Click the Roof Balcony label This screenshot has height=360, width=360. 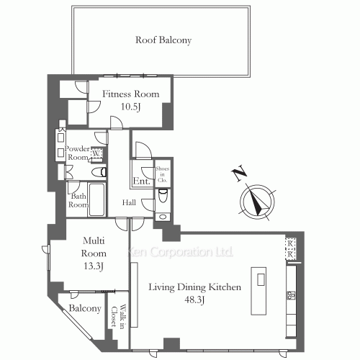(x=163, y=40)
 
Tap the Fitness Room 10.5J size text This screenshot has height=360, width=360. (x=130, y=107)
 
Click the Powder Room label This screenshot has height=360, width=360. (x=77, y=153)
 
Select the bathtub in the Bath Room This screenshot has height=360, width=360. (x=96, y=199)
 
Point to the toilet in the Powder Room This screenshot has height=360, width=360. (x=99, y=172)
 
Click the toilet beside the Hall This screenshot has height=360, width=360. (x=163, y=195)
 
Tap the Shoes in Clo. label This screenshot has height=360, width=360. (x=163, y=174)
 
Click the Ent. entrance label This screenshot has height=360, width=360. (x=142, y=181)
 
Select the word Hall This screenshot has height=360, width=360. (x=129, y=202)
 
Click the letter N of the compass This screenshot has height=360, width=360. (x=239, y=173)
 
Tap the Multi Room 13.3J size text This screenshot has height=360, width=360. (x=94, y=266)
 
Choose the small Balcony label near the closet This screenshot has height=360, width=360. (x=85, y=308)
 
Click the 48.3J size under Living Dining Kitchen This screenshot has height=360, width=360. (x=194, y=300)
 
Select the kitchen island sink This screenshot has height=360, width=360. (x=261, y=279)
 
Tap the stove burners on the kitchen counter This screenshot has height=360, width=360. (x=292, y=295)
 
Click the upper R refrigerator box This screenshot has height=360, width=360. (x=290, y=243)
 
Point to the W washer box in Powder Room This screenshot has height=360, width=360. (x=96, y=153)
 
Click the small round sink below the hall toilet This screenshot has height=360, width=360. (x=163, y=217)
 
